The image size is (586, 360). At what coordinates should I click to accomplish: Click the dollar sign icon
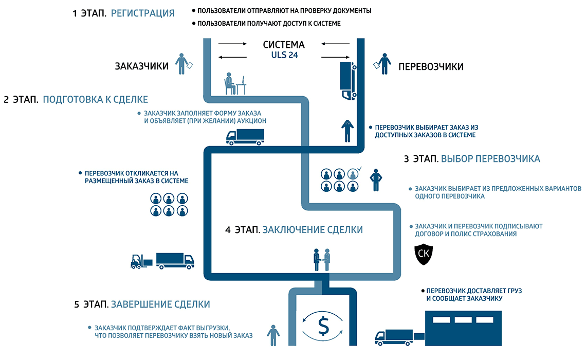click(x=323, y=326)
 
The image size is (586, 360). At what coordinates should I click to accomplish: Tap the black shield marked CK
click(x=424, y=254)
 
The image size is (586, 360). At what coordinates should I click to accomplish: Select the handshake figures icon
click(x=322, y=259)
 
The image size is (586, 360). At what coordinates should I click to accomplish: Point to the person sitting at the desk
click(x=231, y=83)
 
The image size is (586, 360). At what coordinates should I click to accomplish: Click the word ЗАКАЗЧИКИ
click(x=141, y=66)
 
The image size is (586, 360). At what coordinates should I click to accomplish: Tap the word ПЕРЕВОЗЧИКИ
click(x=431, y=66)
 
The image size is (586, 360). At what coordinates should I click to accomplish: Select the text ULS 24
click(x=284, y=55)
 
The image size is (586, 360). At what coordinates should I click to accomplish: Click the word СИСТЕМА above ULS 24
click(x=284, y=44)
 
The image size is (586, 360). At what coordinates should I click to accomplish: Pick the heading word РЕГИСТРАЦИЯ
click(x=142, y=13)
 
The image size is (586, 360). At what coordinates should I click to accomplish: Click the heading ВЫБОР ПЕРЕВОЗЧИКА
click(x=490, y=159)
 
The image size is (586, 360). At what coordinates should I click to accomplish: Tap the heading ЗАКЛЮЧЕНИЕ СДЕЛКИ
click(x=313, y=230)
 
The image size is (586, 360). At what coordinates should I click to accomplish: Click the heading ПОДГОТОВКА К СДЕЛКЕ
click(x=95, y=99)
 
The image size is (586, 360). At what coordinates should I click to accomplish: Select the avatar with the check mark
click(x=353, y=173)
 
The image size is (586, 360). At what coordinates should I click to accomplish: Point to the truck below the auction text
click(x=245, y=136)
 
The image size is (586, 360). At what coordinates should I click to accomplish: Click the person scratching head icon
click(x=347, y=130)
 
